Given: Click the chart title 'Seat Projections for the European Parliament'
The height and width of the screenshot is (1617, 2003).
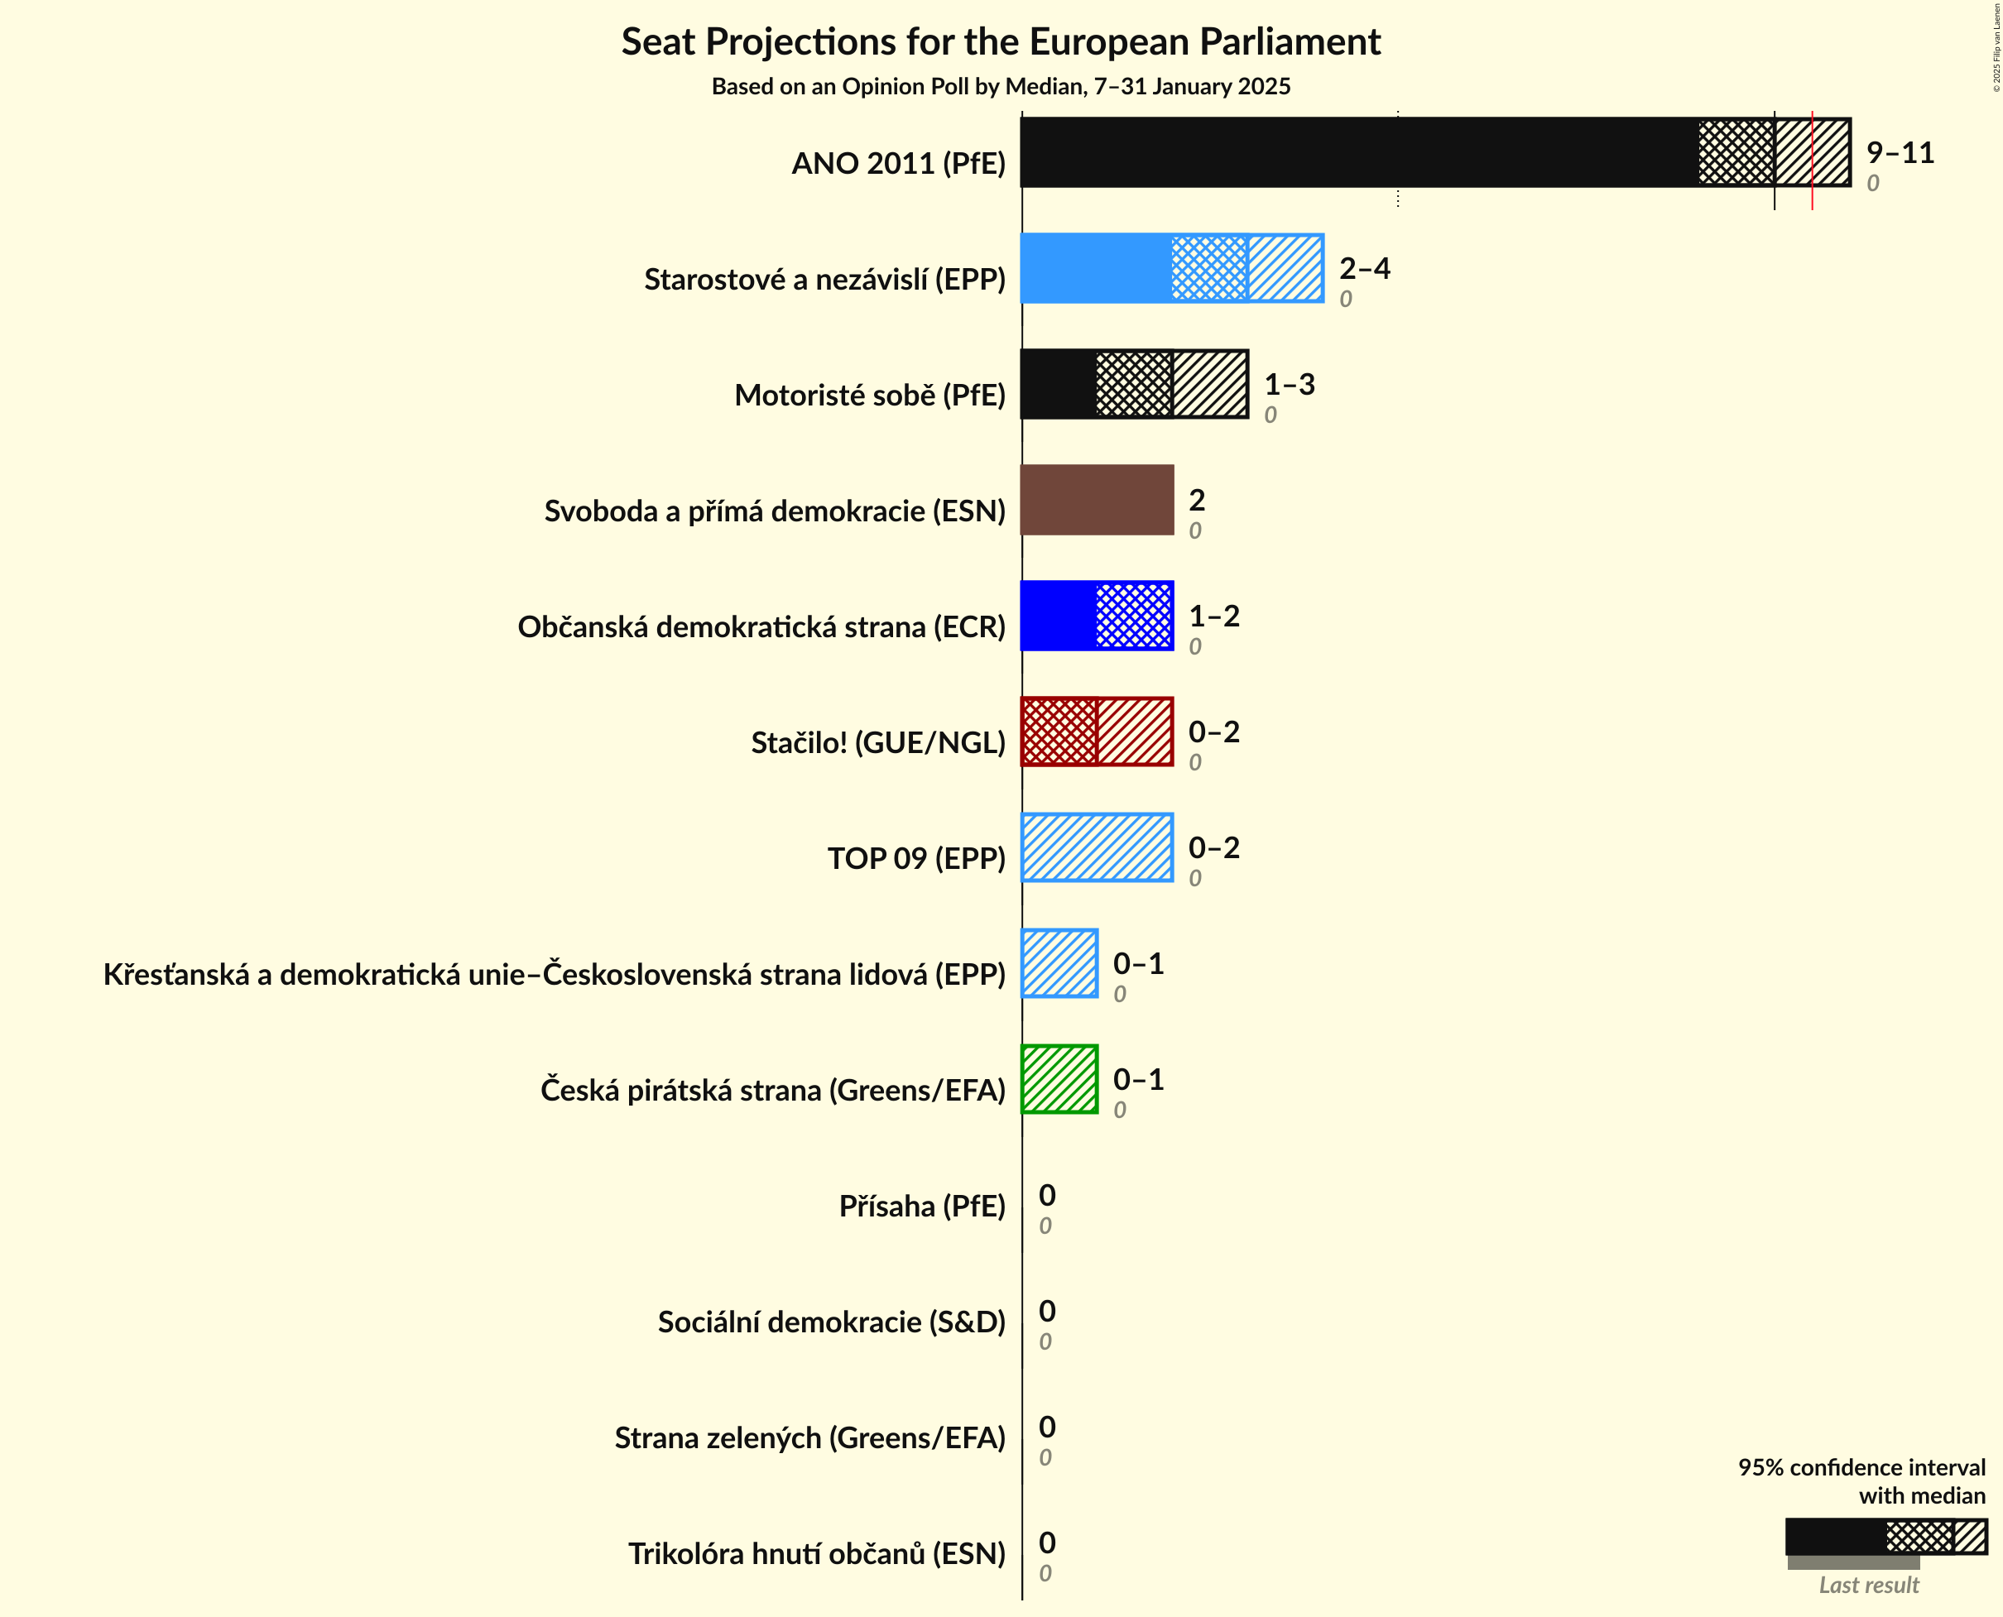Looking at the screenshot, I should pos(1001,43).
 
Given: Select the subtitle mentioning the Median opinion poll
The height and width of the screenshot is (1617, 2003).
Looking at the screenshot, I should pos(1001,87).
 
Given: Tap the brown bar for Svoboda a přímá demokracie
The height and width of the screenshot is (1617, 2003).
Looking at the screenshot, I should pos(1097,500).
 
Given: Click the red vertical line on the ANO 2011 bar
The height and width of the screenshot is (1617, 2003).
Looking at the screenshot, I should pos(1812,158).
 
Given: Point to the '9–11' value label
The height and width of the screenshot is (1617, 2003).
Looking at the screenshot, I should pos(1900,153).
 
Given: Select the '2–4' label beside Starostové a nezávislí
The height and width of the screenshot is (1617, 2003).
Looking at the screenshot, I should pos(1364,268).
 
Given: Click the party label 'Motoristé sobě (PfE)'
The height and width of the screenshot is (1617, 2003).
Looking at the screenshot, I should pos(869,395).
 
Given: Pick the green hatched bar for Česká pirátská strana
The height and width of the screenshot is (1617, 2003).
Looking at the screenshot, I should pos(1059,1080).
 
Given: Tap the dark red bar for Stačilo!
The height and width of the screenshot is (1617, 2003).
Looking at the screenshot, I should pos(1097,732).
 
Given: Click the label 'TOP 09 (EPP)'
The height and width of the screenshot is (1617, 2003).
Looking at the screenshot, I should pos(915,858).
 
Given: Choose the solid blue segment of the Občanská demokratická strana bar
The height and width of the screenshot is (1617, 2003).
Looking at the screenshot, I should pos(1059,616).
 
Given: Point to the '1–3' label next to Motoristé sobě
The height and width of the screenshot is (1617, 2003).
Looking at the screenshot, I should pos(1289,385).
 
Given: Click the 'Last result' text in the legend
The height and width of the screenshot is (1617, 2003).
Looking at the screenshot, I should pos(1868,1585).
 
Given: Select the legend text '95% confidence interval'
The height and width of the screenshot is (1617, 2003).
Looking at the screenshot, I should pos(1861,1467).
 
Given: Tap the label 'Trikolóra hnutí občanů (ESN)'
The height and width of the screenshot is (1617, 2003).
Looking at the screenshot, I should pos(816,1553).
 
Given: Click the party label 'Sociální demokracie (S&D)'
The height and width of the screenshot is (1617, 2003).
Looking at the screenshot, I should pos(831,1322).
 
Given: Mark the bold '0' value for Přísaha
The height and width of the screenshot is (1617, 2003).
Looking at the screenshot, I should pos(1047,1195).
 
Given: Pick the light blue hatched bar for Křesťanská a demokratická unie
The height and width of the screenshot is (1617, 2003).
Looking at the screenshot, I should pos(1059,963).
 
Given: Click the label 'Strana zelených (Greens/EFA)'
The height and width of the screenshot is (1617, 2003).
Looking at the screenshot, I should pos(809,1437).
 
